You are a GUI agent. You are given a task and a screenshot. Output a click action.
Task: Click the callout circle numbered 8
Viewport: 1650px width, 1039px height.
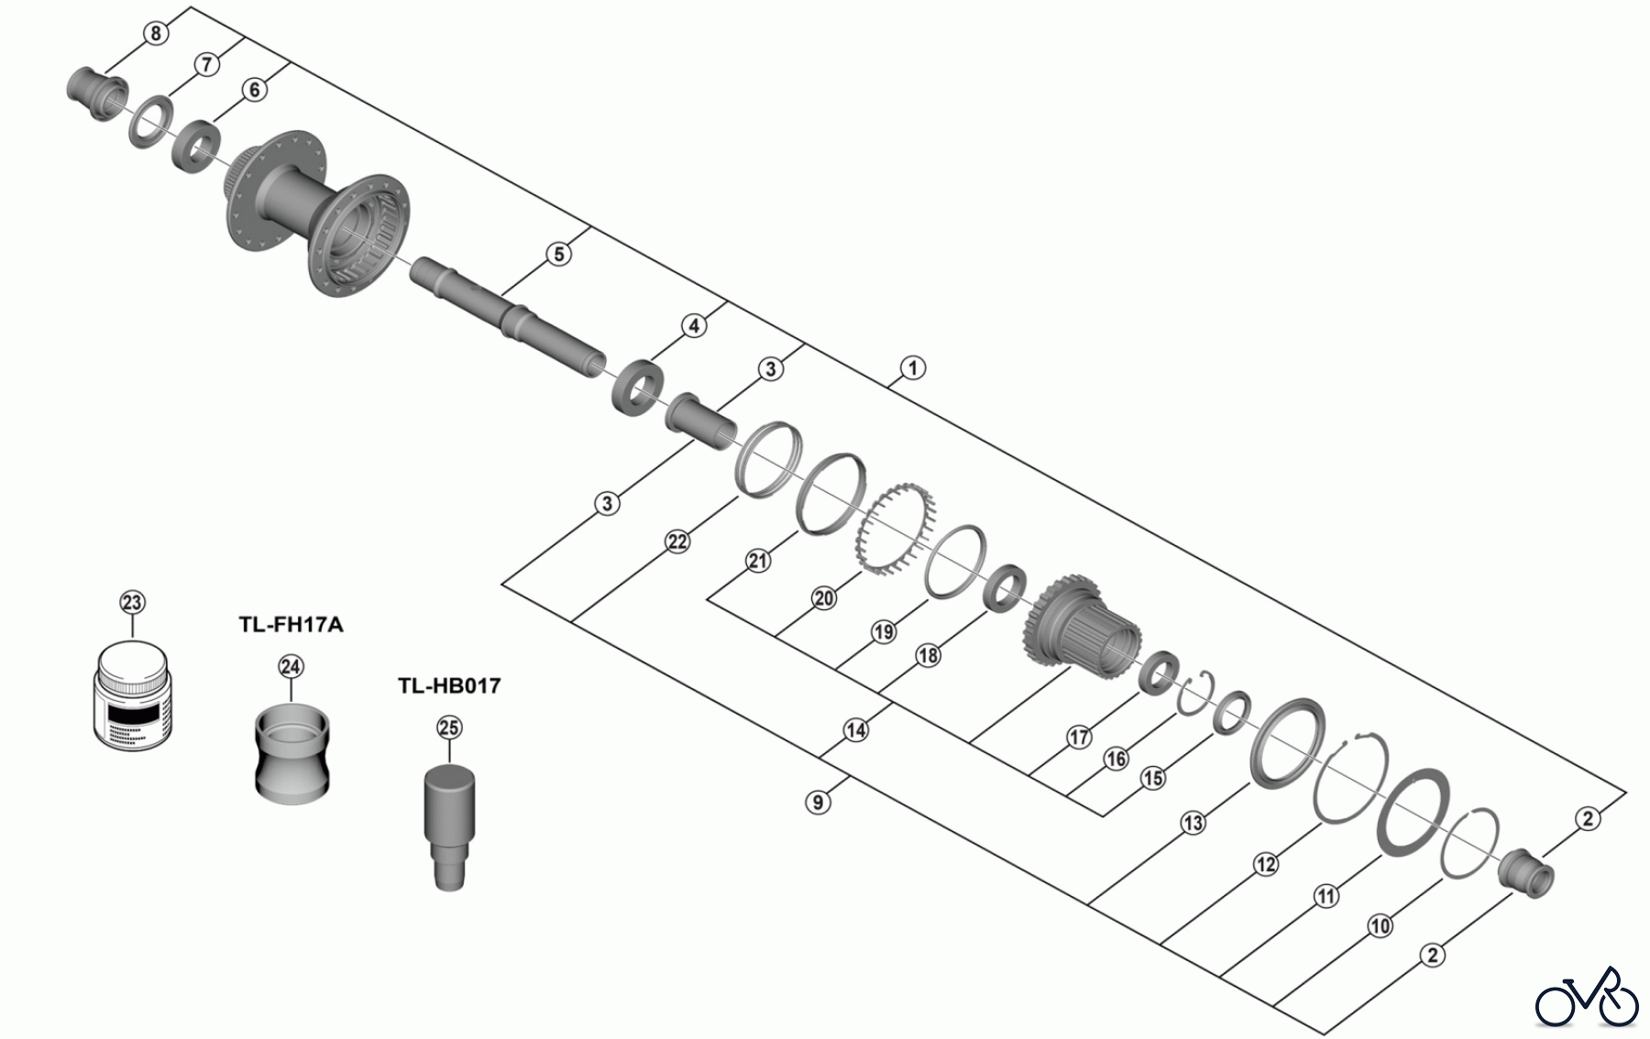pyautogui.click(x=156, y=34)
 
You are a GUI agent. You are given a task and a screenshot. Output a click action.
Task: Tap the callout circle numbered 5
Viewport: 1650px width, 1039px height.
pyautogui.click(x=558, y=254)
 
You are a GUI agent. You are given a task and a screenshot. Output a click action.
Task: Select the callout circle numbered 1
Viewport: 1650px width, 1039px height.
pyautogui.click(x=912, y=368)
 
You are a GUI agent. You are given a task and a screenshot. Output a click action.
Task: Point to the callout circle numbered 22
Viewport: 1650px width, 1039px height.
pyautogui.click(x=676, y=542)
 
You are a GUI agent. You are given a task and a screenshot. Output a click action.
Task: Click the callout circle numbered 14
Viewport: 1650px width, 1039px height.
pyautogui.click(x=855, y=730)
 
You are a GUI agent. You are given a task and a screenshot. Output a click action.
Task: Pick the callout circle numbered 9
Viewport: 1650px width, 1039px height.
pyautogui.click(x=818, y=803)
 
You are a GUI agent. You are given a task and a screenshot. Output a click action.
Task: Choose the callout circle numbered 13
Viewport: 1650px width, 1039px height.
pyautogui.click(x=1193, y=823)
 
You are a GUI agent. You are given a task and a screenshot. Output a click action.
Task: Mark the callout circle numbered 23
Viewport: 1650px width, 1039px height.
pyautogui.click(x=132, y=602)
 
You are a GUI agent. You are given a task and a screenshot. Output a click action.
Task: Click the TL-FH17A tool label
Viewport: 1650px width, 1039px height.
pyautogui.click(x=291, y=625)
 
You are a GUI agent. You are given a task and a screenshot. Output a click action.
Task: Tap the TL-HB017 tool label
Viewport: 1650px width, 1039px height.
pyautogui.click(x=449, y=685)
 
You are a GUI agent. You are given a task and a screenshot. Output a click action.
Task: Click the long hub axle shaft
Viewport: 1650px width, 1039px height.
pyautogui.click(x=509, y=312)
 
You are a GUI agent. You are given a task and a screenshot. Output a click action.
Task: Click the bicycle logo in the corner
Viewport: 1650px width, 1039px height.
pyautogui.click(x=1587, y=997)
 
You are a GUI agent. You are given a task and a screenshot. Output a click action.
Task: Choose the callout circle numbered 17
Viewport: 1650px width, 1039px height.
pyautogui.click(x=1079, y=736)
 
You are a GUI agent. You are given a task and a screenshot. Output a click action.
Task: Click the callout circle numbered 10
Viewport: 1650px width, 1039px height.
pyautogui.click(x=1380, y=926)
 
